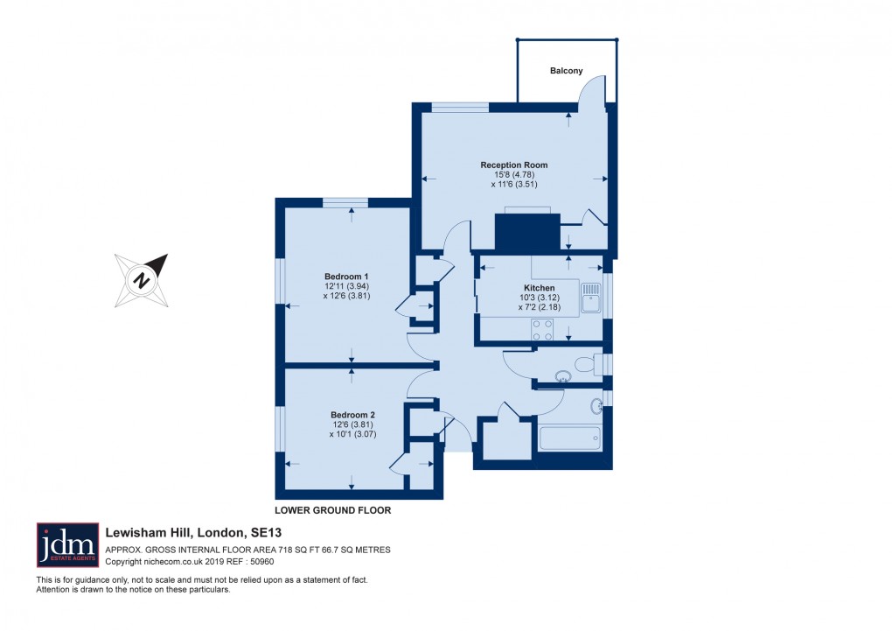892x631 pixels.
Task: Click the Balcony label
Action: pos(566,71)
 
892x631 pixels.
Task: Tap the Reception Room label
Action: pos(513,165)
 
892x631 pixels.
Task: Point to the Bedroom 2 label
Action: pos(352,415)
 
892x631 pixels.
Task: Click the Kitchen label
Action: pos(539,288)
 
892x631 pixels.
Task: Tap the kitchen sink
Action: pos(591,297)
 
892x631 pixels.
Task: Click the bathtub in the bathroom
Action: pos(570,438)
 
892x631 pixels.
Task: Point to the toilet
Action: pos(588,364)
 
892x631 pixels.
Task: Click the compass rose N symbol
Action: pos(140,280)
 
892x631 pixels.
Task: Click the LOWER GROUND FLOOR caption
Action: pos(332,510)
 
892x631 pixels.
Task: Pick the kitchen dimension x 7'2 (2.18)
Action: pos(539,307)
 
